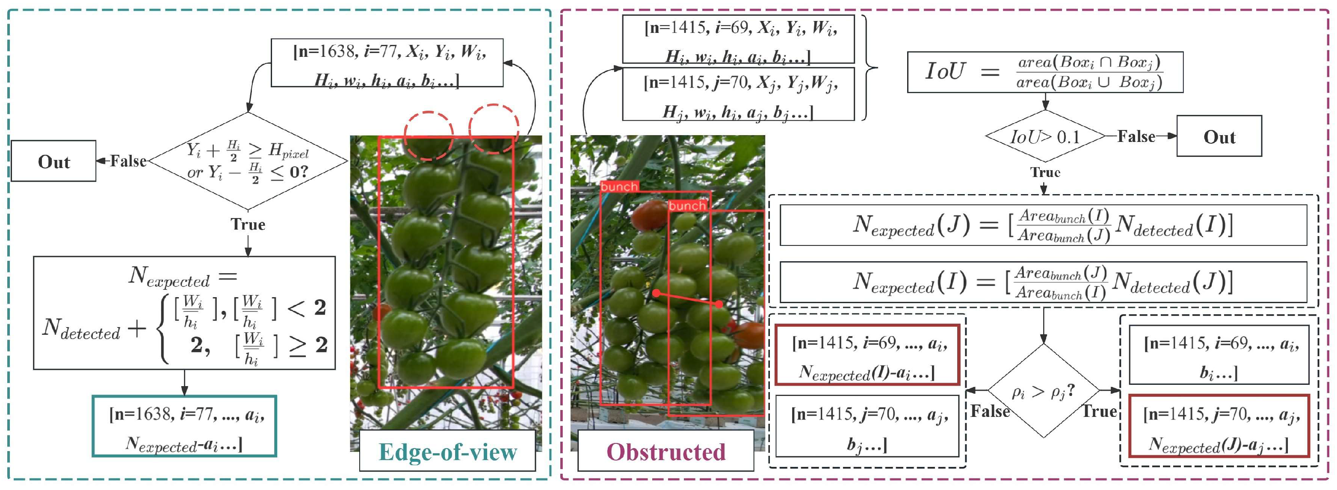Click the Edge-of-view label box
pos(447,451)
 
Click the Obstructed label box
pos(666,451)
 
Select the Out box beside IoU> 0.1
pos(1219,136)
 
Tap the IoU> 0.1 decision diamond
pos(1045,136)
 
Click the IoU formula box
pos(1045,72)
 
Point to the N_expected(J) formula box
pos(1043,225)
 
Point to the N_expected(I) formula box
pos(1043,282)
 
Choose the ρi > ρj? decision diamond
pos(1043,391)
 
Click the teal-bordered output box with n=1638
pos(184,426)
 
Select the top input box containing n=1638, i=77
pos(387,62)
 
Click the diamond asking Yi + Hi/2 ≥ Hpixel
pos(248,161)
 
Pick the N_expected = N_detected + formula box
pos(184,313)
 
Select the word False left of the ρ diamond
pos(990,411)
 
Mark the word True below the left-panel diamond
pos(248,224)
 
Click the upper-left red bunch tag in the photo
pos(619,186)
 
